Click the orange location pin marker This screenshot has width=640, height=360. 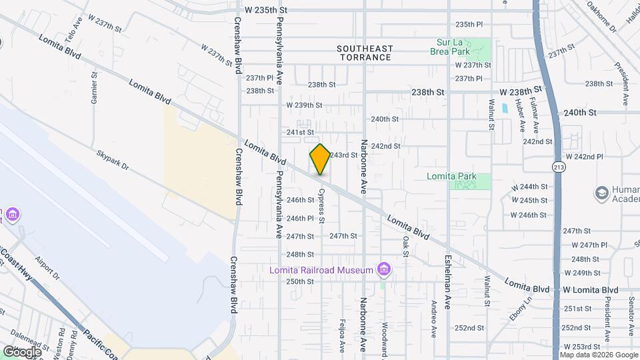click(320, 159)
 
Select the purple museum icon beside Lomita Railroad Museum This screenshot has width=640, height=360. click(383, 269)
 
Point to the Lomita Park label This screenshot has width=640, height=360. click(452, 177)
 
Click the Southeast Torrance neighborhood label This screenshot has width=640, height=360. click(365, 53)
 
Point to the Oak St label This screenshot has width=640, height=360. click(405, 246)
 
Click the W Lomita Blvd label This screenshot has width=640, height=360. click(590, 290)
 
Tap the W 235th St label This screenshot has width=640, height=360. click(266, 11)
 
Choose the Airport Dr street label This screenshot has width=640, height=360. click(47, 267)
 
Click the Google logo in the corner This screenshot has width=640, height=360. click(21, 351)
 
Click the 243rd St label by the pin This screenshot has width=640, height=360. click(344, 155)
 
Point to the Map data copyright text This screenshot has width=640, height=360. click(599, 355)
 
